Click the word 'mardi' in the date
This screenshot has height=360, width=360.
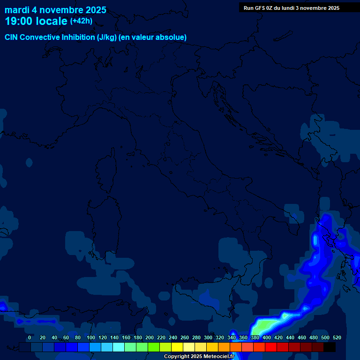pyautogui.click(x=17, y=10)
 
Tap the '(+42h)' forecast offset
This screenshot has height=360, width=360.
pyautogui.click(x=81, y=21)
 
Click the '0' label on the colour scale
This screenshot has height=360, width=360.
pyautogui.click(x=30, y=337)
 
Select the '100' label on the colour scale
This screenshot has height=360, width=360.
pyautogui.click(x=91, y=337)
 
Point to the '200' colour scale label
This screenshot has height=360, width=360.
pyautogui.click(x=150, y=337)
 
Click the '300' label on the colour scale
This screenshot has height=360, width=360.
pyautogui.click(x=208, y=337)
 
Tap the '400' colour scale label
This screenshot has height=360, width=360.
pyautogui.click(x=267, y=337)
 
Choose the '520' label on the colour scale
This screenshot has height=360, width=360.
pyautogui.click(x=337, y=337)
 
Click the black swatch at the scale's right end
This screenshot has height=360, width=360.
pyautogui.click(x=330, y=347)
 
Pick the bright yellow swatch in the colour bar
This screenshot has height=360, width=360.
pyautogui.click(x=177, y=347)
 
